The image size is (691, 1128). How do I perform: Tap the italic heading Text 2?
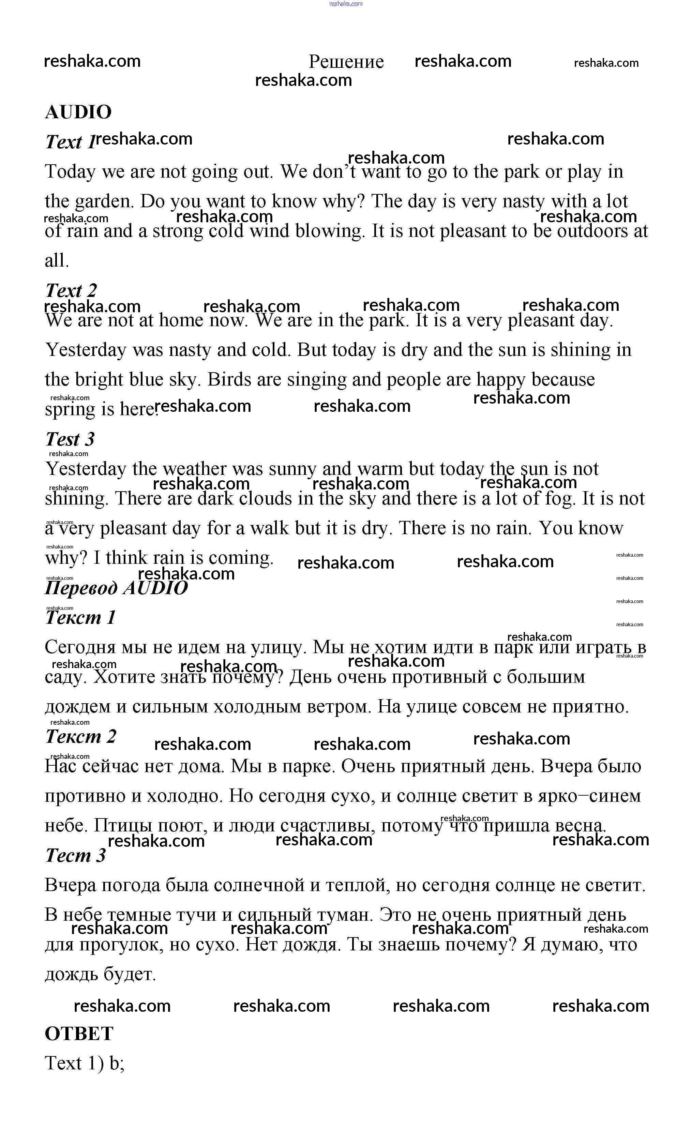pos(71,290)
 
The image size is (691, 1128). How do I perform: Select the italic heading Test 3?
pos(70,439)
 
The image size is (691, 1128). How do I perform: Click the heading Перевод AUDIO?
pos(116,588)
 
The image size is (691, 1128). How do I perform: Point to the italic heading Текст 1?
pos(80,618)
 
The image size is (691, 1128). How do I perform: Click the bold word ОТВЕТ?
pos(79,1034)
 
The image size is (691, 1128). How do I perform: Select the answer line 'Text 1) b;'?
pos(85,1064)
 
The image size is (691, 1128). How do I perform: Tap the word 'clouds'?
pos(266,498)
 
